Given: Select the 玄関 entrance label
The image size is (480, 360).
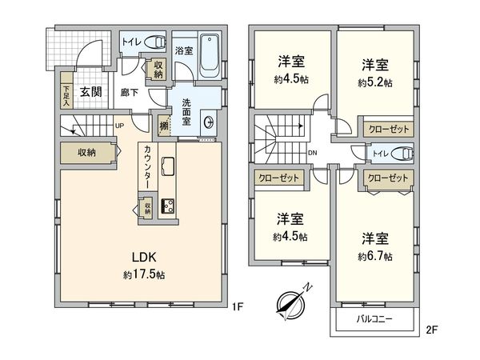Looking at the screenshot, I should click(x=89, y=91).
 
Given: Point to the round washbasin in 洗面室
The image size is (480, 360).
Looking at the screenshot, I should click(x=210, y=122).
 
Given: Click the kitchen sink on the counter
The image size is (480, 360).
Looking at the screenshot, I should click(x=170, y=166).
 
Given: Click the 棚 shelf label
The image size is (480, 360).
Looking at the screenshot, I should click(x=163, y=125).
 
